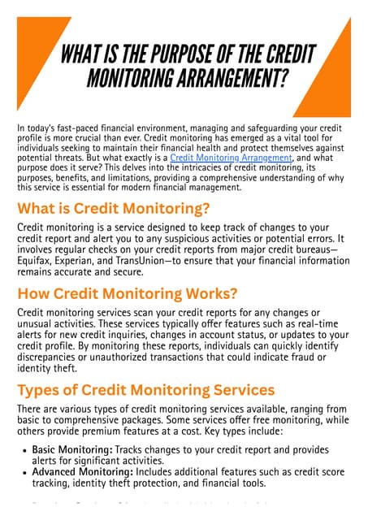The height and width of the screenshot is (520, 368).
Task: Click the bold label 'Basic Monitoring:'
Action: point(71,450)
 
